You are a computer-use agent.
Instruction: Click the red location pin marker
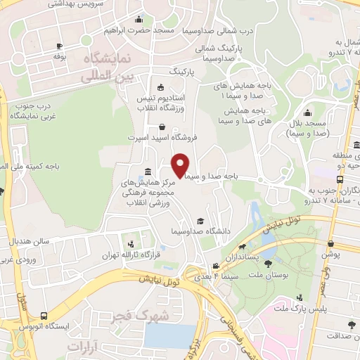pyautogui.click(x=181, y=165)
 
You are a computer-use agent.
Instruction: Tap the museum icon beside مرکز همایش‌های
pyautogui.click(x=147, y=172)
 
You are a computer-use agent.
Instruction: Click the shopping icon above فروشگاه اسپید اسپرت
pyautogui.click(x=164, y=127)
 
